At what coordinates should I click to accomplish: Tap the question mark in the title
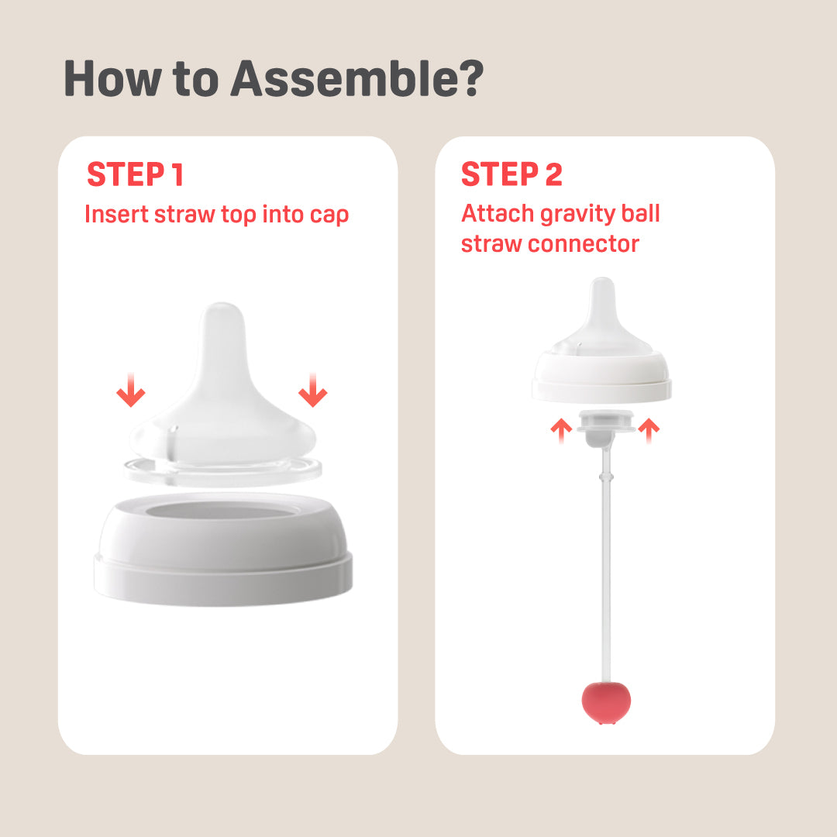[470, 78]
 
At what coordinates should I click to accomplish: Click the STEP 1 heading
[136, 174]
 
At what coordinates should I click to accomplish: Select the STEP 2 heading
[511, 174]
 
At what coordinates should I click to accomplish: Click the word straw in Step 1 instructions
[184, 215]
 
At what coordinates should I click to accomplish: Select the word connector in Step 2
[584, 244]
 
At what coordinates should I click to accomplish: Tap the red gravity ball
[606, 702]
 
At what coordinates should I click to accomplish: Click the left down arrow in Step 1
[131, 390]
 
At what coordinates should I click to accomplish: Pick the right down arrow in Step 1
[313, 390]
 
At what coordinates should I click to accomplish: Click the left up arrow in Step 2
[561, 431]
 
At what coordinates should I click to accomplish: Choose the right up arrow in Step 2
[649, 431]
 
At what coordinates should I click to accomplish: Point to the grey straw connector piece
[605, 428]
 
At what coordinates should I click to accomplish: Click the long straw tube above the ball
[606, 566]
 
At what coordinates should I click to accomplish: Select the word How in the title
[112, 78]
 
